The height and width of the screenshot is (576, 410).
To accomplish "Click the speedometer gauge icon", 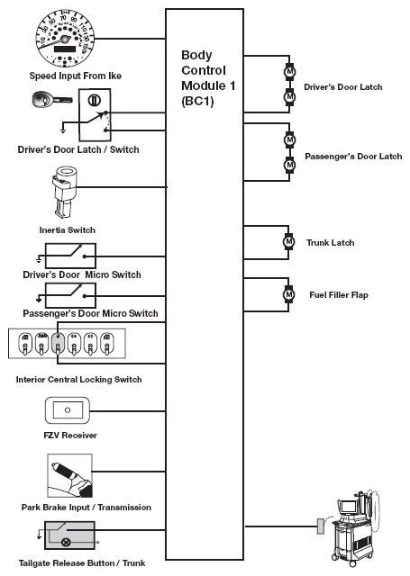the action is click(64, 40).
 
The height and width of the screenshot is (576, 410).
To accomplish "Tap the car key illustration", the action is click(52, 99).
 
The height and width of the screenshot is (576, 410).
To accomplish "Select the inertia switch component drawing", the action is click(64, 192).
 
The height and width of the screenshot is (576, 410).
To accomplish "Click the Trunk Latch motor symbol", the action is click(288, 242).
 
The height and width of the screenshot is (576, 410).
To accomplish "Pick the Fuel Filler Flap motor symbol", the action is click(288, 294).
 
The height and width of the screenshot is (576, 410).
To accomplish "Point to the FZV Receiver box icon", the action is click(68, 410).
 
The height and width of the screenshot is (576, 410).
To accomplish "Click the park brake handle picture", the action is click(70, 476).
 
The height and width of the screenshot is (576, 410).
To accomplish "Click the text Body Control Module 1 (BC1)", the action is click(208, 78).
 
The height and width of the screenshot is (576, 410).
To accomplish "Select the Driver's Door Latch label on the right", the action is click(343, 87).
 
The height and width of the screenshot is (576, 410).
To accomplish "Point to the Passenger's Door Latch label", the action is click(353, 157).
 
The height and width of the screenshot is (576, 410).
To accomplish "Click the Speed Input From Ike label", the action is click(76, 76).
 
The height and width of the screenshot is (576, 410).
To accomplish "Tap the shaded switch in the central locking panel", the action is click(58, 344).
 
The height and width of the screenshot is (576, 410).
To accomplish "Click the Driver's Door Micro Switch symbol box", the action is click(70, 256).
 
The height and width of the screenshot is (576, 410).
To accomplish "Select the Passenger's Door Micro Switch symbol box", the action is click(70, 295).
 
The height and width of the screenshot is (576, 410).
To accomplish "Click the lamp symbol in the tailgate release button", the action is click(66, 542).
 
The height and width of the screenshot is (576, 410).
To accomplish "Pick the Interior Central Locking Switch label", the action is click(78, 380).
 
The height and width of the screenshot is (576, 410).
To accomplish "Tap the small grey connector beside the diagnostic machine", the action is click(321, 526).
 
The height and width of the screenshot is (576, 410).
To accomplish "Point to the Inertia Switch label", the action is click(68, 230).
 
